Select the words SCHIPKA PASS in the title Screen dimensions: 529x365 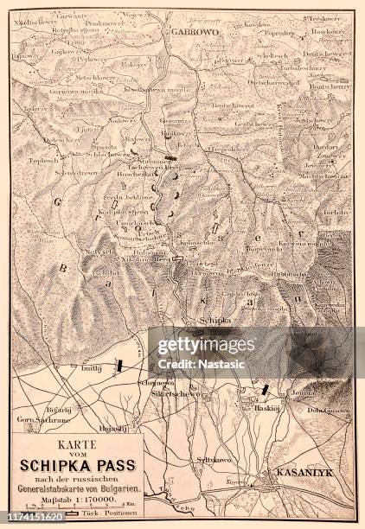78,465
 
